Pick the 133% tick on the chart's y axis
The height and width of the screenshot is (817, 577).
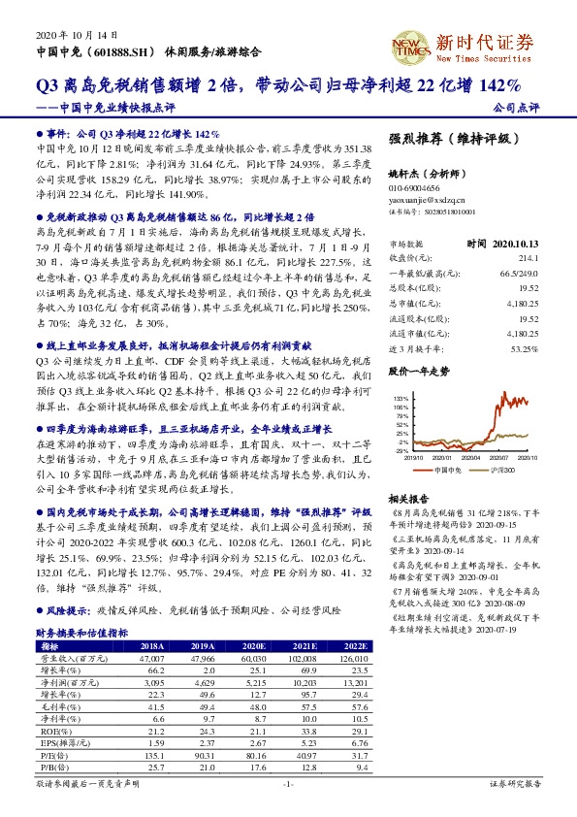pyautogui.click(x=398, y=398)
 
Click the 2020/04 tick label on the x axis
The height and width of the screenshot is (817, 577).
pyautogui.click(x=470, y=457)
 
